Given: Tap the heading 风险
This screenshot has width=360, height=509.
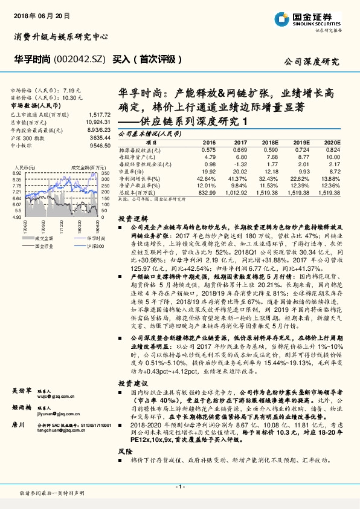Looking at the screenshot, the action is pyautogui.click(x=124, y=451).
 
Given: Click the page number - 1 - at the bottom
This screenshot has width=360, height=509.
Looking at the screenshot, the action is pyautogui.click(x=179, y=486).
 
